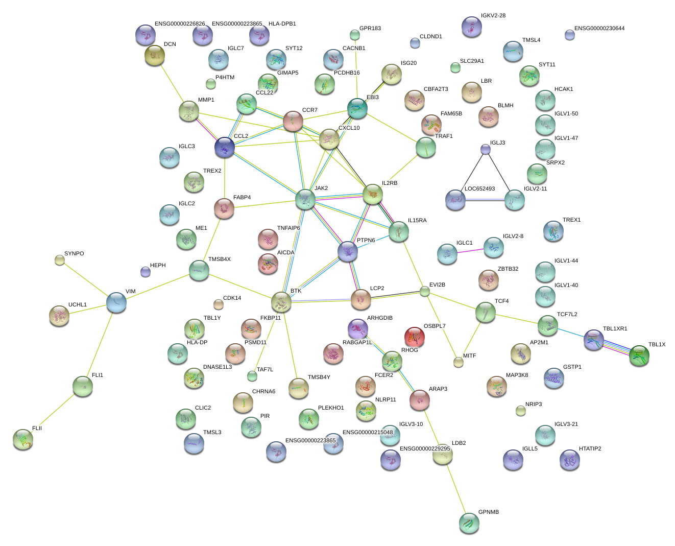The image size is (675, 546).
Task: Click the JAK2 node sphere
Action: [305, 199]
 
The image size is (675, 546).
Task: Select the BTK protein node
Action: [281, 302]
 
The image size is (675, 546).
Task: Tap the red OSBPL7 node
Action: [414, 337]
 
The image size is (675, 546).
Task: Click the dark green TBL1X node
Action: [639, 355]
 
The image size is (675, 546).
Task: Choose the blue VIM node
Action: [116, 302]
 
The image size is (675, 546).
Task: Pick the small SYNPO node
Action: [60, 260]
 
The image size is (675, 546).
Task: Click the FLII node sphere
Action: [23, 439]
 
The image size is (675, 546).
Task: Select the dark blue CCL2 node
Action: [225, 147]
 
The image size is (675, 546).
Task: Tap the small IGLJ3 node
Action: [486, 149]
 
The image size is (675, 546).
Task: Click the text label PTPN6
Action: [366, 240]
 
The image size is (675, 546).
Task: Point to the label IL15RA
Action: [417, 221]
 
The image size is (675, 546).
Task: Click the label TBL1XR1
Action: [615, 329]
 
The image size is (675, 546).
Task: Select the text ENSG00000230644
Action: [599, 29]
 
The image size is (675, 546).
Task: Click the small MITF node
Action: [459, 362]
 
